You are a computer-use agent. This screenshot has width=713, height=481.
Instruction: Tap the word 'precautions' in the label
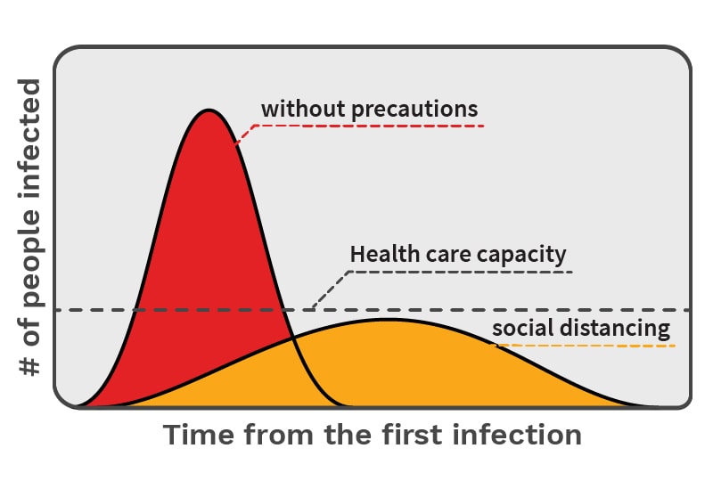[413, 110]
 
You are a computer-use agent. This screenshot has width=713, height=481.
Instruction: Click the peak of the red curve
[209, 110]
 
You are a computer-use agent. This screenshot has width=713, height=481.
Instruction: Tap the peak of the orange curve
[388, 319]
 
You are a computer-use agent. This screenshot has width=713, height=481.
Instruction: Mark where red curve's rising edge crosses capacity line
[135, 310]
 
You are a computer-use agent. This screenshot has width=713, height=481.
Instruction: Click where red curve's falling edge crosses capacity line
[283, 310]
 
